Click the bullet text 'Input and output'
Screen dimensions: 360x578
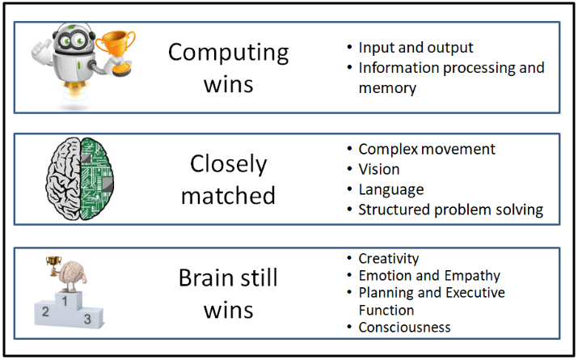point(416,48)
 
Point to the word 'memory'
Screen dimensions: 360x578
point(387,87)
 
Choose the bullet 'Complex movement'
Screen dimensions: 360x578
point(427,150)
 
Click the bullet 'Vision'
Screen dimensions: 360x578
point(378,170)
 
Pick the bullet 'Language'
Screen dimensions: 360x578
point(391,190)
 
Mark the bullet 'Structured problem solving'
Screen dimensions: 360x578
point(450,210)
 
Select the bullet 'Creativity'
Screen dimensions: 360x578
point(388,259)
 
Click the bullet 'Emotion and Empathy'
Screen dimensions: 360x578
point(429,276)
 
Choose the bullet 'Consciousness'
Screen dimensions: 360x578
point(404,328)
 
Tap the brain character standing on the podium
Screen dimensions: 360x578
point(72,272)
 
